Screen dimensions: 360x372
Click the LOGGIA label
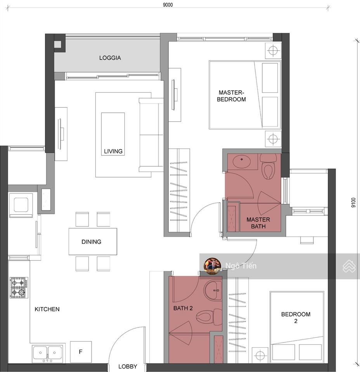pos(110,58)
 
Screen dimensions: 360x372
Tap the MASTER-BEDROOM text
pos(231,96)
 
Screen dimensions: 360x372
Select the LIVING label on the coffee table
pos(113,151)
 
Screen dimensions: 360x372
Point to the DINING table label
pos(92,242)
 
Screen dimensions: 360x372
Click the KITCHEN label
pos(47,309)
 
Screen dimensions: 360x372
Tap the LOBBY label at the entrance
pos(128,367)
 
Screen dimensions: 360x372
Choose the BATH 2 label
pos(183,308)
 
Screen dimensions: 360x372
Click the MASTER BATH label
pos(258,223)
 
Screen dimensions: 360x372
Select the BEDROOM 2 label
pos(296,317)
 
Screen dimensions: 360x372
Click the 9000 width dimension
pos(168,5)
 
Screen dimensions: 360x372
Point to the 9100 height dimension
pos(353,203)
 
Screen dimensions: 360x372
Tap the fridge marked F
pos(81,352)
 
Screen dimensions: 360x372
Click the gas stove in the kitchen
pos(19,288)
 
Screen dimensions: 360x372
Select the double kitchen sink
pos(47,353)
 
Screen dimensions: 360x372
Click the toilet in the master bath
pos(269,166)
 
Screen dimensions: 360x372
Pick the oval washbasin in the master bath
pos(242,162)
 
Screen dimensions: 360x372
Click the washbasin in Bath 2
pos(213,290)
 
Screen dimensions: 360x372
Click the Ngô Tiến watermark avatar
pos(213,266)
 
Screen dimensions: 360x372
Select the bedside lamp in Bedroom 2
pos(260,355)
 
